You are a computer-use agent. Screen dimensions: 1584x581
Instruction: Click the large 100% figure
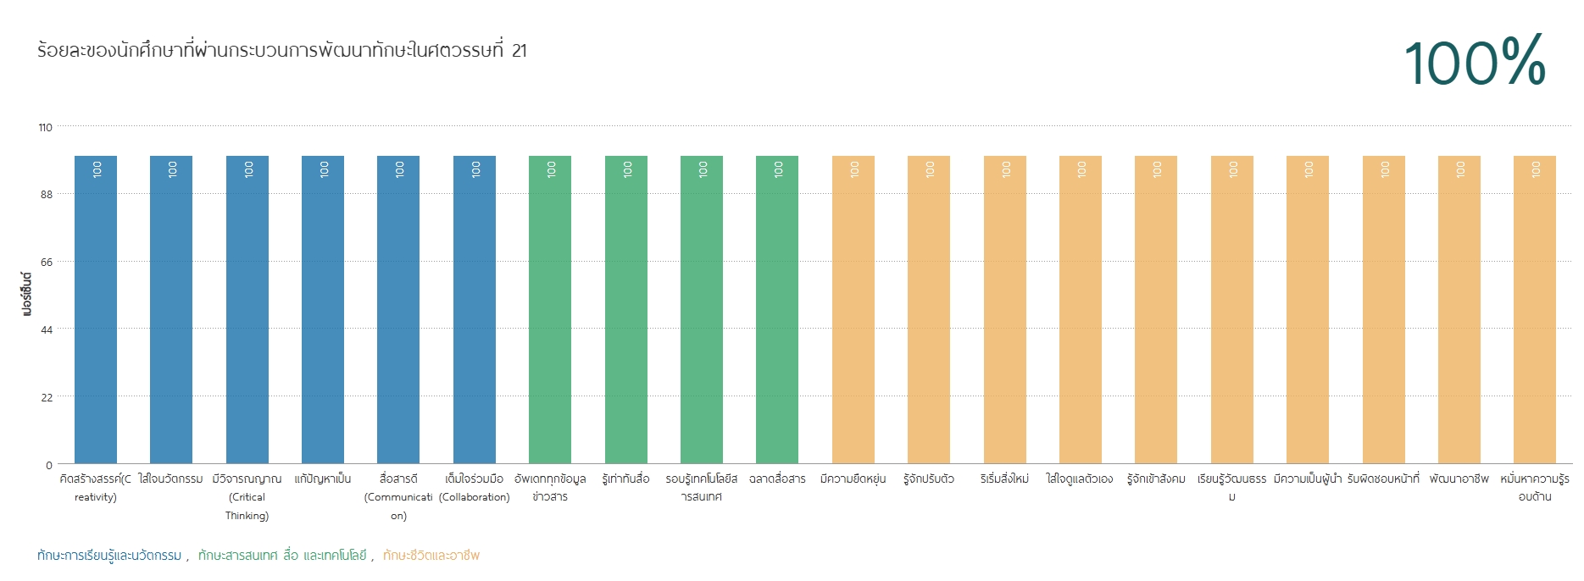pyautogui.click(x=1475, y=61)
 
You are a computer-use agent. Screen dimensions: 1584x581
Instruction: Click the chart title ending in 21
pyautogui.click(x=282, y=50)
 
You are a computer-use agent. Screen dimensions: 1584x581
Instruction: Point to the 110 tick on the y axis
pyautogui.click(x=45, y=127)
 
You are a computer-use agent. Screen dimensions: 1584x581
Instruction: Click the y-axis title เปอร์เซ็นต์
pyautogui.click(x=26, y=293)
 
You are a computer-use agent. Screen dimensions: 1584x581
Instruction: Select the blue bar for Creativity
pyautogui.click(x=96, y=309)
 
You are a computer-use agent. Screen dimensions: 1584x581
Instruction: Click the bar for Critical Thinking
pyautogui.click(x=247, y=309)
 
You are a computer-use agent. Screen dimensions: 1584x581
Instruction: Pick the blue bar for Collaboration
pyautogui.click(x=475, y=309)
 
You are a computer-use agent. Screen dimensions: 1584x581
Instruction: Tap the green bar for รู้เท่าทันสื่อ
pyautogui.click(x=626, y=309)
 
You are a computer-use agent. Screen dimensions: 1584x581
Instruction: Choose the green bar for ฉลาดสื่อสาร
pyautogui.click(x=777, y=309)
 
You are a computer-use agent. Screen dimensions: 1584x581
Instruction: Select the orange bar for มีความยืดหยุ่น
pyautogui.click(x=853, y=309)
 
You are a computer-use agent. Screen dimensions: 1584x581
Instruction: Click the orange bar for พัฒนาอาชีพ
pyautogui.click(x=1459, y=309)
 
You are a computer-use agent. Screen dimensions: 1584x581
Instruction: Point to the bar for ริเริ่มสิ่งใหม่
pyautogui.click(x=1005, y=309)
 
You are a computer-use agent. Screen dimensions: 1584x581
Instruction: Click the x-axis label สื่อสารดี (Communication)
pyautogui.click(x=398, y=497)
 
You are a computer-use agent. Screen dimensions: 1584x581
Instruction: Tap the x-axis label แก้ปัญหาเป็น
pyautogui.click(x=323, y=479)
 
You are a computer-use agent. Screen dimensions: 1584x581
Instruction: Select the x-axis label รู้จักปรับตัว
pyautogui.click(x=929, y=479)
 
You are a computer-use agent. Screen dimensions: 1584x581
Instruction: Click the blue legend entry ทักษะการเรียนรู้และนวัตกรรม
pyautogui.click(x=109, y=556)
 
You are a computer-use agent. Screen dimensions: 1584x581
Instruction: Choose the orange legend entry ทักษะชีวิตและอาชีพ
pyautogui.click(x=431, y=556)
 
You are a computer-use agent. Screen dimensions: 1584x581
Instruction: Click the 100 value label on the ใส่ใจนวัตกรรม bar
pyautogui.click(x=172, y=169)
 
